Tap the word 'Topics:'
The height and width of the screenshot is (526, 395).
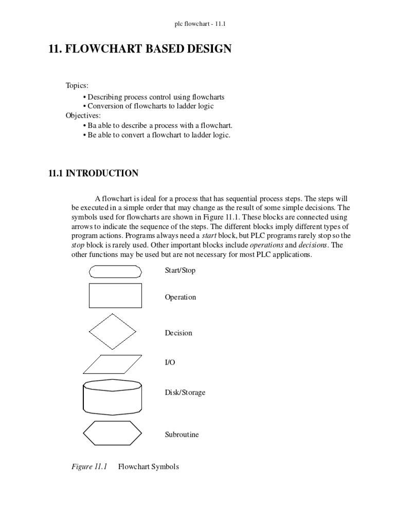[77, 85]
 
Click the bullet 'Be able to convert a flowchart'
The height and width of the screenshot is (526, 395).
[159, 135]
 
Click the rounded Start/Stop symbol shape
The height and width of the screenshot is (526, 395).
[116, 271]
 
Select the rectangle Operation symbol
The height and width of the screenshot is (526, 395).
[116, 296]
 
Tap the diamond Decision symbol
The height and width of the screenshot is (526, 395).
[113, 332]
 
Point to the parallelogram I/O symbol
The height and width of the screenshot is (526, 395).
[112, 364]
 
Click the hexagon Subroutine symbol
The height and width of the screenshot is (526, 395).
[112, 433]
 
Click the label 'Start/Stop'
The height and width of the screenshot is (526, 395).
[180, 270]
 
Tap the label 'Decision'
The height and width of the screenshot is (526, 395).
[178, 333]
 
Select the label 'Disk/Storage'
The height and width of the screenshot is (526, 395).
[185, 392]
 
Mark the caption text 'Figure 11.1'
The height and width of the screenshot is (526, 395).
[88, 467]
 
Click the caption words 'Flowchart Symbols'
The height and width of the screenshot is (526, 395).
[149, 467]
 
